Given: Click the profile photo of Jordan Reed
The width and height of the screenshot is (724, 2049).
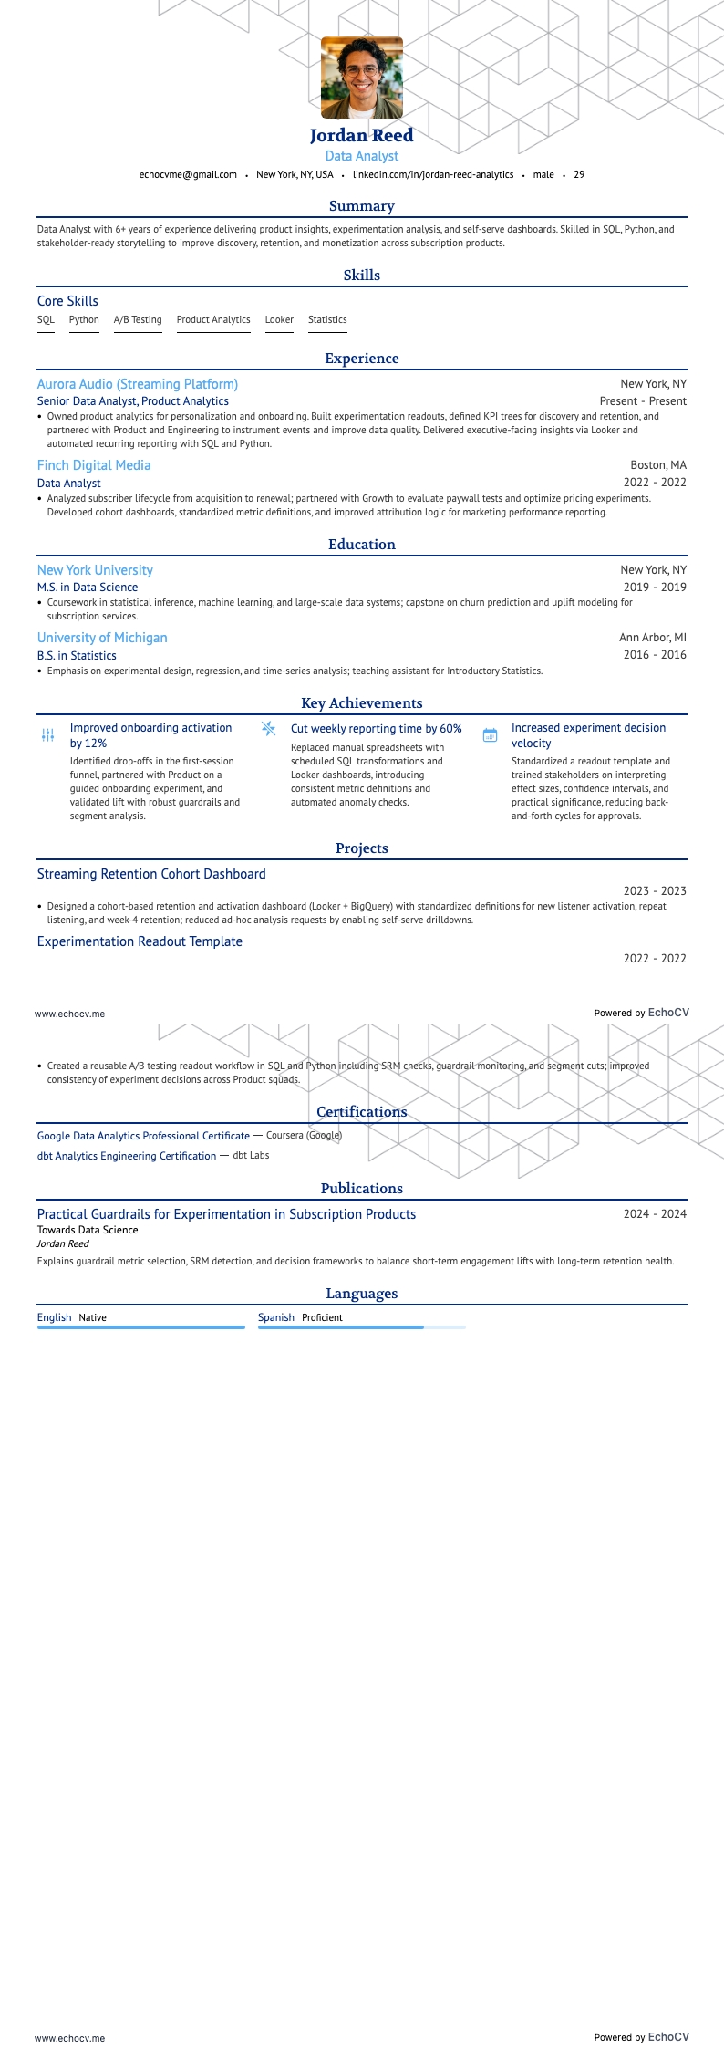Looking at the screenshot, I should click(x=362, y=78).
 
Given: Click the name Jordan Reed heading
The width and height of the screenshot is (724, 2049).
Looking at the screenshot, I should click(x=362, y=136).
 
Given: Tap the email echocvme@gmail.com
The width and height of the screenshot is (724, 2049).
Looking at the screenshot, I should click(x=188, y=174).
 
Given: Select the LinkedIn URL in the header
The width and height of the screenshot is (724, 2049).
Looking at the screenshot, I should click(x=432, y=174).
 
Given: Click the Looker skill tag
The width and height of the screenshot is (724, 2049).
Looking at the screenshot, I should click(x=279, y=320).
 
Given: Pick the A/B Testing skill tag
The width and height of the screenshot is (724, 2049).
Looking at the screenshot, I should click(x=138, y=320).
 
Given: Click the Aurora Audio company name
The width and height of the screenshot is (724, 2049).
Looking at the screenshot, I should click(x=138, y=384).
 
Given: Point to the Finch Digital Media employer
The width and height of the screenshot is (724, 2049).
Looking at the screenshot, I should click(x=94, y=465).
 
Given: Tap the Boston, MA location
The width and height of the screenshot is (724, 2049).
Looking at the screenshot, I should click(x=658, y=465).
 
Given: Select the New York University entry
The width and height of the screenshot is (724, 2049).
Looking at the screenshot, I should click(x=95, y=570).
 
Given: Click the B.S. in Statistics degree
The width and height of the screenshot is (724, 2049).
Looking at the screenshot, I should click(x=77, y=656).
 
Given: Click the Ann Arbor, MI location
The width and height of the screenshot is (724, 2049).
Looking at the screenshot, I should click(x=653, y=638).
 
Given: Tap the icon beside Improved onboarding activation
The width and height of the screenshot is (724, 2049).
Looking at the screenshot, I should click(x=48, y=734).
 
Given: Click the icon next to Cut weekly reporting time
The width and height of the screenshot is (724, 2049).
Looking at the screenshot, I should click(x=268, y=728).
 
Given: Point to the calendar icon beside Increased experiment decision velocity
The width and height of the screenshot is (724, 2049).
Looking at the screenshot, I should click(x=490, y=734).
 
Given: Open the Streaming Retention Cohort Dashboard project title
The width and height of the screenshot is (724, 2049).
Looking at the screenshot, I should click(x=151, y=874).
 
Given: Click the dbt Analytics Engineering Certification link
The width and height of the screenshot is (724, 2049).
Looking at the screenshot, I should click(x=127, y=1156).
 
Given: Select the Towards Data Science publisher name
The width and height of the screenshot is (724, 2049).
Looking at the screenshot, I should click(x=88, y=1230).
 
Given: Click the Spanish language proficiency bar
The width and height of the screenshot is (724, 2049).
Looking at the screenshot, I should click(x=361, y=1327).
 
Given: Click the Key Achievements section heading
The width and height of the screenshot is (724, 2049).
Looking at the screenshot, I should click(x=362, y=703).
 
